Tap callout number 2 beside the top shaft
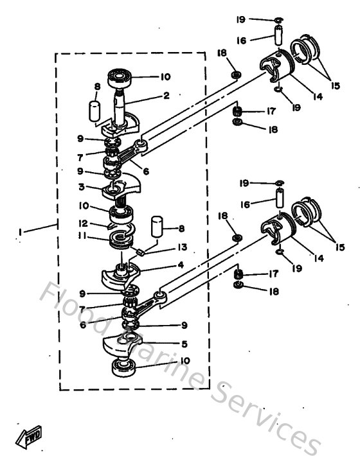pos(166,97)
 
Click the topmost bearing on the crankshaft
pos(120,78)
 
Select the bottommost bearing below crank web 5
pos(125,368)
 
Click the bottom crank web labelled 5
pos(129,344)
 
